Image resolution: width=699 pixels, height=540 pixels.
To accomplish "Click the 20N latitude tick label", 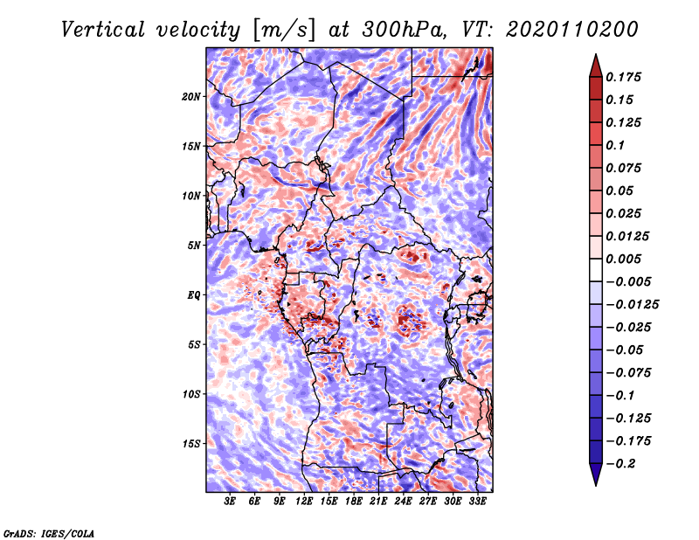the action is pos(191,97).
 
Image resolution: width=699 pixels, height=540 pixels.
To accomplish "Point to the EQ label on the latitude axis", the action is pos(194,295).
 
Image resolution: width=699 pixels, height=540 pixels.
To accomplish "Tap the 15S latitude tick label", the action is pos(191,444).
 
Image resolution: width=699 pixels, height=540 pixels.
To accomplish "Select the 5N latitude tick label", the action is pos(194,246).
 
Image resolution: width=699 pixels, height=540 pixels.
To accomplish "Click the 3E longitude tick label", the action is pos(230,502).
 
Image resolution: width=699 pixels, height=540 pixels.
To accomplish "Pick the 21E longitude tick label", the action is pos(378,502).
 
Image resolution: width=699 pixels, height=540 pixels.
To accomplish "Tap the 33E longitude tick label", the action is pos(477,502).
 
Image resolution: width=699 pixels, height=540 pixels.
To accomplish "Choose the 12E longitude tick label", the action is pos(304,502).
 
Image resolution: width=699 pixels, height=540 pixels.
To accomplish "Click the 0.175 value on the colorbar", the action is pos(623,77).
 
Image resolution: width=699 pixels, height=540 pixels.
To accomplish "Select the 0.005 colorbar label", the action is pos(623,259).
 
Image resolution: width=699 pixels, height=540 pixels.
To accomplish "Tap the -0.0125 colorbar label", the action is pos(632,305).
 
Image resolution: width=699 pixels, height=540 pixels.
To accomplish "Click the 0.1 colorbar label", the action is pos(615,145).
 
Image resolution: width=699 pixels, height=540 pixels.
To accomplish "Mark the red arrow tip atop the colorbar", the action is pos(596,54).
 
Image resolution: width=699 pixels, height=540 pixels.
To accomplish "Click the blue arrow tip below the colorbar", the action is pos(596,485).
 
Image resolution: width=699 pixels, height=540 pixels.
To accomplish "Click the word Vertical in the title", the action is pos(103,30).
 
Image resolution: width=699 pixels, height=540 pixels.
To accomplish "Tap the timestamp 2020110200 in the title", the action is pos(572,30).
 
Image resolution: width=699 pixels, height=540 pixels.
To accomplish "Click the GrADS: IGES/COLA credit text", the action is pos(49,533).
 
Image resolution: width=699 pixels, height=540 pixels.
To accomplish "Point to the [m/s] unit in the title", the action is pos(284,31).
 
